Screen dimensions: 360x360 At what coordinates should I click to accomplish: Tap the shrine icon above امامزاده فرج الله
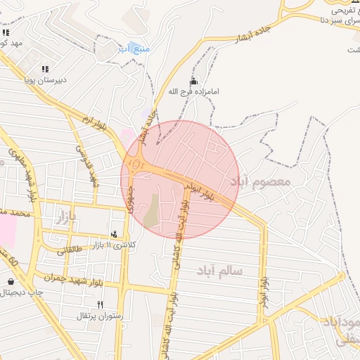pyautogui.click(x=194, y=82)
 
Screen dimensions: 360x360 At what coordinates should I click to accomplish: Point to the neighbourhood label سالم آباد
pyautogui.click(x=219, y=270)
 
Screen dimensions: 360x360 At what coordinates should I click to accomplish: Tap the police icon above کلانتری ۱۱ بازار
pyautogui.click(x=114, y=234)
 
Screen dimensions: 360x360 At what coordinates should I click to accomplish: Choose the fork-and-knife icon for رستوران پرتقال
pyautogui.click(x=100, y=305)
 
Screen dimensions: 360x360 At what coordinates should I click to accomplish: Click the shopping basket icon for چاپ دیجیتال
pyautogui.click(x=11, y=281)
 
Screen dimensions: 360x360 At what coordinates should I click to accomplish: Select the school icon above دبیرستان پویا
pyautogui.click(x=45, y=69)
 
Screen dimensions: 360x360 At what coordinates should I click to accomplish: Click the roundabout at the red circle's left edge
pyautogui.click(x=138, y=166)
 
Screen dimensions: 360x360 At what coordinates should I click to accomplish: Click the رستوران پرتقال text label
pyautogui.click(x=100, y=316)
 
